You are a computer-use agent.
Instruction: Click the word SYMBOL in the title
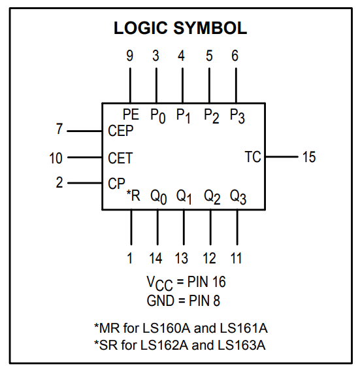point(210,28)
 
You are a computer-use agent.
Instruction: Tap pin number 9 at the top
point(130,56)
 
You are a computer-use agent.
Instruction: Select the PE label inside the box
point(131,114)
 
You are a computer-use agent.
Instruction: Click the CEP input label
point(121,131)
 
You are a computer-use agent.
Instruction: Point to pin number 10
point(56,158)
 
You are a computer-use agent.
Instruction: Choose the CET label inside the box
point(120,158)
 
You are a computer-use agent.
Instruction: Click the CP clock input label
point(116,183)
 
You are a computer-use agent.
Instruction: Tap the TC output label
point(253,157)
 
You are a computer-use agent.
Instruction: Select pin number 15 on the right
point(309,157)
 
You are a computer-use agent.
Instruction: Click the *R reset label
point(133,195)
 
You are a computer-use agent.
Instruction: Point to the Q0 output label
point(159,197)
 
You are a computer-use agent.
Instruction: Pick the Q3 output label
point(238,197)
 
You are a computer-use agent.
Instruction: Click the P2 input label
point(212,116)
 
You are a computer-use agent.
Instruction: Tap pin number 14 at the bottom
point(155,258)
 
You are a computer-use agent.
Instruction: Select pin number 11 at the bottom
point(236,258)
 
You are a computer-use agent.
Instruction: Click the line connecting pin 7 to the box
point(84,131)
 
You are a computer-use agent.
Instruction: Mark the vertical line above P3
point(236,86)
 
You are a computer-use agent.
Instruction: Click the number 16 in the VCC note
point(219,282)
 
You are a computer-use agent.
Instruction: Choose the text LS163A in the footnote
point(242,345)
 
